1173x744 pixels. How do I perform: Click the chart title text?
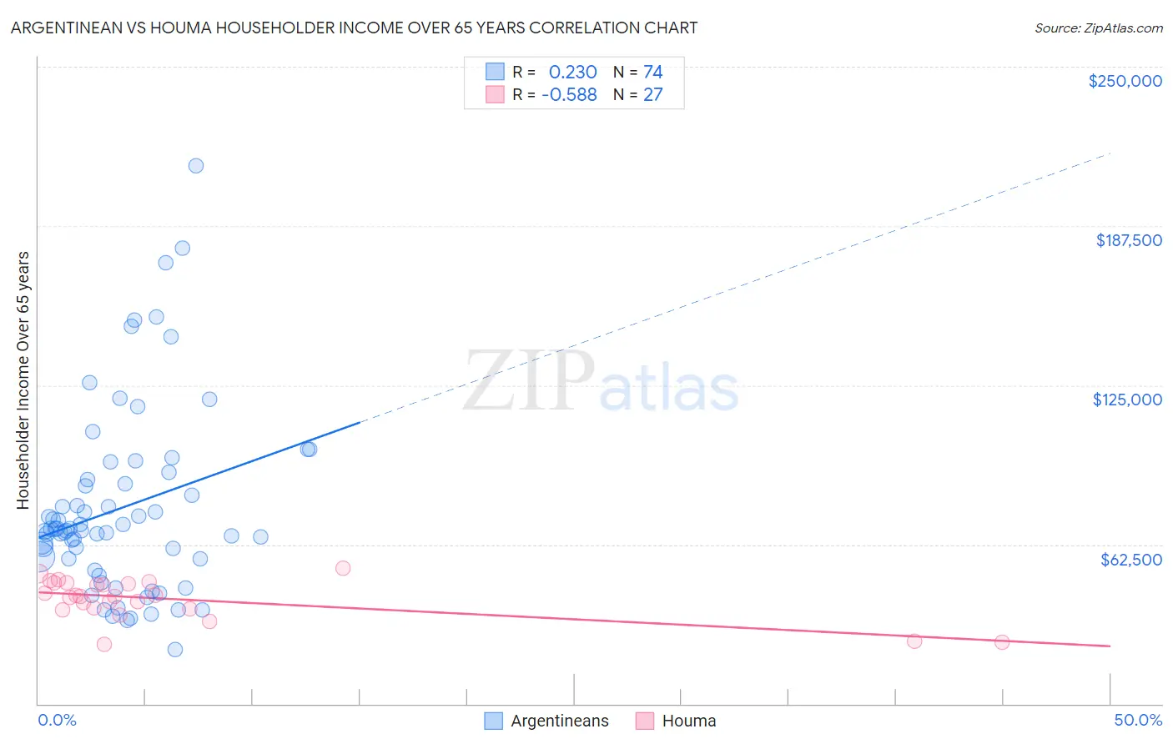(354, 28)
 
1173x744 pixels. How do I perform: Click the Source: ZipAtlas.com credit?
(1098, 28)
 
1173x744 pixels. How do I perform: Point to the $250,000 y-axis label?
(1125, 81)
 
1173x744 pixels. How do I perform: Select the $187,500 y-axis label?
(1128, 240)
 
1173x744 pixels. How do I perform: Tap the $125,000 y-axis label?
(1126, 400)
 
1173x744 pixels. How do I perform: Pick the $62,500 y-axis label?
(1130, 560)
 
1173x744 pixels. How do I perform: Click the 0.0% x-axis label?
(57, 720)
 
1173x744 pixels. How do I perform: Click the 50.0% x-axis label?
(1137, 720)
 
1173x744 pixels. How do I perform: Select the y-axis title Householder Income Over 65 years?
(23, 380)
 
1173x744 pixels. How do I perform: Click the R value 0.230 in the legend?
(572, 73)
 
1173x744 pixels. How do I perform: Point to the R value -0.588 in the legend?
(569, 95)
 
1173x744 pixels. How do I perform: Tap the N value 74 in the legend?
(652, 73)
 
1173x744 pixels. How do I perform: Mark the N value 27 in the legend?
(652, 95)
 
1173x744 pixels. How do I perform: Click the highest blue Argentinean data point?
(196, 165)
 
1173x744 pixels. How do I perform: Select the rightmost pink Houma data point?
(1002, 642)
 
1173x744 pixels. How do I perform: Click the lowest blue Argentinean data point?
(175, 650)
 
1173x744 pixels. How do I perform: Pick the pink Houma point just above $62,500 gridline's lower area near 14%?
(343, 568)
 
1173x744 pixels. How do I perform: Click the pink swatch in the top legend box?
(495, 94)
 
